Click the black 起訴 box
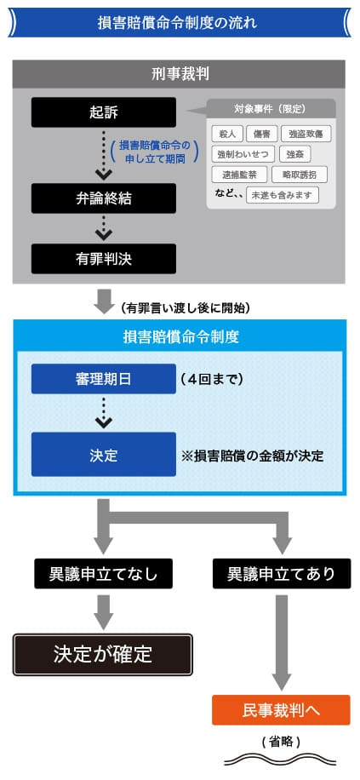click(104, 112)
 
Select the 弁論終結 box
click(104, 198)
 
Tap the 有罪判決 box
click(104, 259)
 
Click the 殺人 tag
click(226, 134)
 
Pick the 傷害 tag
click(261, 134)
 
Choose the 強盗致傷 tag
click(306, 134)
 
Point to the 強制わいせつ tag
click(243, 154)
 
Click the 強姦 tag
click(294, 154)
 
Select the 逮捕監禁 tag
click(239, 175)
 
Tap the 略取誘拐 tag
click(300, 175)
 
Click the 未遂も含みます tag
click(283, 195)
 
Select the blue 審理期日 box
click(104, 379)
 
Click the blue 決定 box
click(104, 454)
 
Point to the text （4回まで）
click(212, 379)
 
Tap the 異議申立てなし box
click(104, 574)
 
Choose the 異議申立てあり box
click(282, 574)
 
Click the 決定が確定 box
click(102, 655)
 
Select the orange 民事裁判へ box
click(282, 710)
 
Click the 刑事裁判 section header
click(179, 75)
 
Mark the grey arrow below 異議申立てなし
click(104, 610)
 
